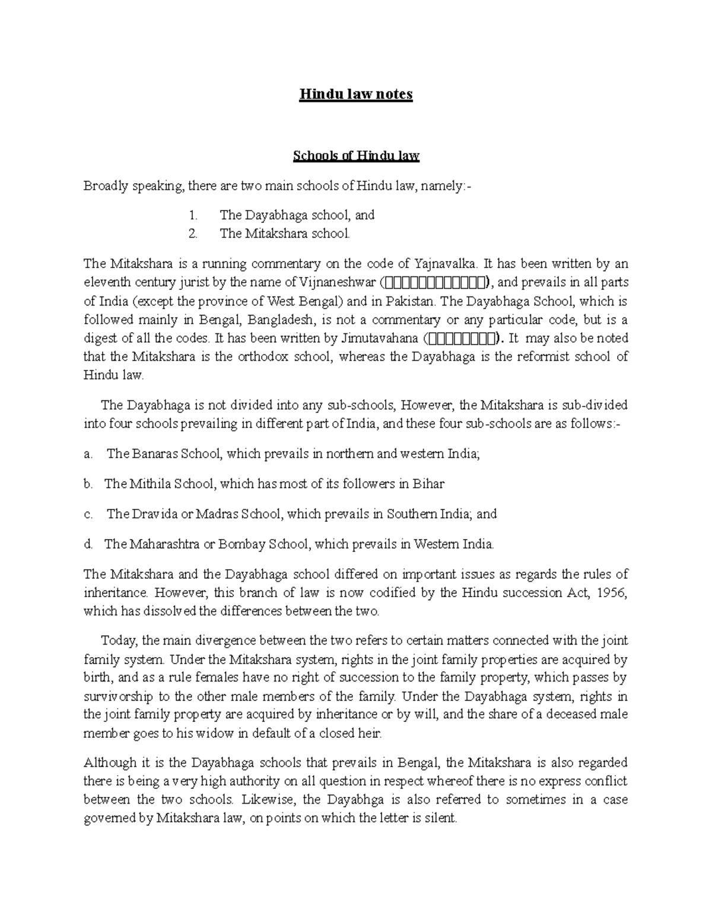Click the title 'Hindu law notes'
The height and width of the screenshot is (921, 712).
click(x=355, y=94)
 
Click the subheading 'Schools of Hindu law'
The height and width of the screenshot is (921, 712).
click(x=356, y=156)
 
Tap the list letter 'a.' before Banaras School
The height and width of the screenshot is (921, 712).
click(x=88, y=454)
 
